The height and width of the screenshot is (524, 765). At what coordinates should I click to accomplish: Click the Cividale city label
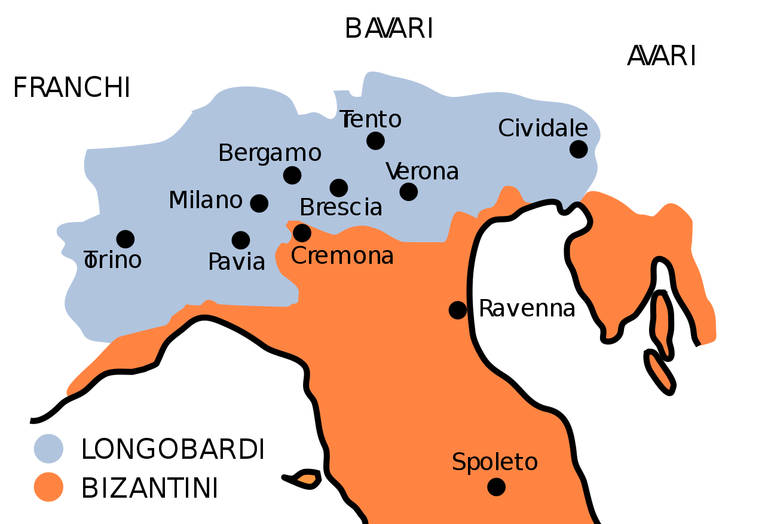coord(543,129)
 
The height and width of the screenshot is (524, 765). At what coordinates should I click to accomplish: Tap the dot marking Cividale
coord(579,149)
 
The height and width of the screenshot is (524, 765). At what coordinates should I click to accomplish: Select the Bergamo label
coord(270,154)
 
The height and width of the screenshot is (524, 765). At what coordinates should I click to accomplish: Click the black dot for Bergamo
coord(292,175)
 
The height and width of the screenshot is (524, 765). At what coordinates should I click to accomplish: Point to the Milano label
coord(206,200)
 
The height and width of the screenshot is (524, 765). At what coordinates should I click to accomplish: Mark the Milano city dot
coord(259,203)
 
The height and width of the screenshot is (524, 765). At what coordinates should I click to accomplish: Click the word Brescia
coord(341,208)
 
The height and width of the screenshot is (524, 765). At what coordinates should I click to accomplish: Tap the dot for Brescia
coord(339,188)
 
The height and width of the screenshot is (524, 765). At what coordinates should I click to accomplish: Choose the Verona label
coord(423,172)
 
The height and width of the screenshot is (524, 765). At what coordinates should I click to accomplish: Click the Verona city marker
coord(409,192)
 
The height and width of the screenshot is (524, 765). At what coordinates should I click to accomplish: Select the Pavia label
coord(237,262)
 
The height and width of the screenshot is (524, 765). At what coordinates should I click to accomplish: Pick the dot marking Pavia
coord(241,240)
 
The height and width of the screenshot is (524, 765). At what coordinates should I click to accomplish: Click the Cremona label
coord(342,256)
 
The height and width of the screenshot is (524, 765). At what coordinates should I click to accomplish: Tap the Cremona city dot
coord(302,233)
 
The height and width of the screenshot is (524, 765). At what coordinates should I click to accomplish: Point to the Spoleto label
coord(494,462)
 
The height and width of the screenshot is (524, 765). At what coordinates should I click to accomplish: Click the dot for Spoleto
coord(496,487)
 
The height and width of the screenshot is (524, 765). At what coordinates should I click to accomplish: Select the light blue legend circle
coord(48,449)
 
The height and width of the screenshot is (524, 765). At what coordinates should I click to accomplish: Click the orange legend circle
coord(48,487)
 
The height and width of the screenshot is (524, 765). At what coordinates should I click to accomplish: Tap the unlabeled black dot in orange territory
coord(458,310)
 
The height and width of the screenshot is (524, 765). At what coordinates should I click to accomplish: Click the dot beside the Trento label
coord(375,141)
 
